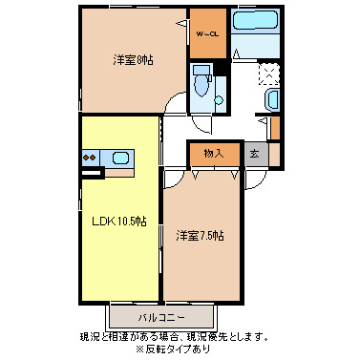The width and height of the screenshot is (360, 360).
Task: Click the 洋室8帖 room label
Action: point(134,60)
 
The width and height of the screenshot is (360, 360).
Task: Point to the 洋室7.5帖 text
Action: point(199,234)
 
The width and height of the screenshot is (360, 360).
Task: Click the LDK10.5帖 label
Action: point(118,222)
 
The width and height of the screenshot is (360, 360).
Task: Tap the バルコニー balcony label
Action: point(159,316)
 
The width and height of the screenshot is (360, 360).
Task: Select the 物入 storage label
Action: point(213,153)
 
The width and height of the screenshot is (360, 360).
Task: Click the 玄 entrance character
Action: point(254,153)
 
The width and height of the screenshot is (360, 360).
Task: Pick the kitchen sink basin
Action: point(120,158)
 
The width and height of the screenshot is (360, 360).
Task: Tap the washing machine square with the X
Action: point(269,74)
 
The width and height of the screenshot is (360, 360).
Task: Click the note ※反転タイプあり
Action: point(181,349)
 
